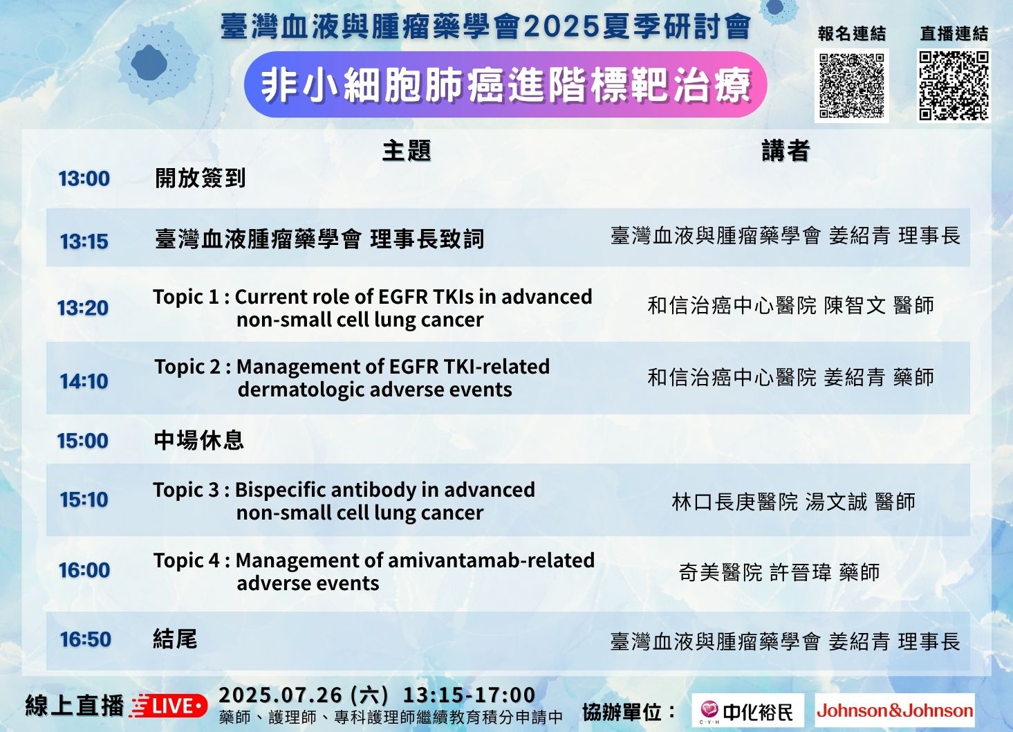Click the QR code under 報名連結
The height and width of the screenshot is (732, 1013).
pyautogui.click(x=852, y=86)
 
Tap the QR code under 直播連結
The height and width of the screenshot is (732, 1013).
pyautogui.click(x=954, y=86)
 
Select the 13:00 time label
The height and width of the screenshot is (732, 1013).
pyautogui.click(x=84, y=179)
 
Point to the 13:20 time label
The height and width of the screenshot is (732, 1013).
pyautogui.click(x=83, y=308)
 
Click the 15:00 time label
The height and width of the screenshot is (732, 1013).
pyautogui.click(x=83, y=441)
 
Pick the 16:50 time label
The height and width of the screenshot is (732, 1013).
pyautogui.click(x=86, y=639)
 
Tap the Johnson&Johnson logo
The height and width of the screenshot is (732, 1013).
pyautogui.click(x=895, y=711)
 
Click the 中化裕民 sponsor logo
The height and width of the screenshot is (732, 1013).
pyautogui.click(x=747, y=711)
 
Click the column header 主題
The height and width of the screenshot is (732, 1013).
pyautogui.click(x=407, y=151)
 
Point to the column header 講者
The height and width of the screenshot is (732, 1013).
pyautogui.click(x=786, y=151)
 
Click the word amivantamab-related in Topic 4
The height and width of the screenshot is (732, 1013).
pyautogui.click(x=491, y=560)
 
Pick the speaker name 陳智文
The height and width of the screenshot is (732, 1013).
pyautogui.click(x=855, y=305)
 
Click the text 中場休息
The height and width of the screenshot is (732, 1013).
pyautogui.click(x=199, y=440)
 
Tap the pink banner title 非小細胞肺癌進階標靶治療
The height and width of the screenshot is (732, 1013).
pyautogui.click(x=505, y=85)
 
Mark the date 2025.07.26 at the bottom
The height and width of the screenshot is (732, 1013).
pyautogui.click(x=280, y=695)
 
